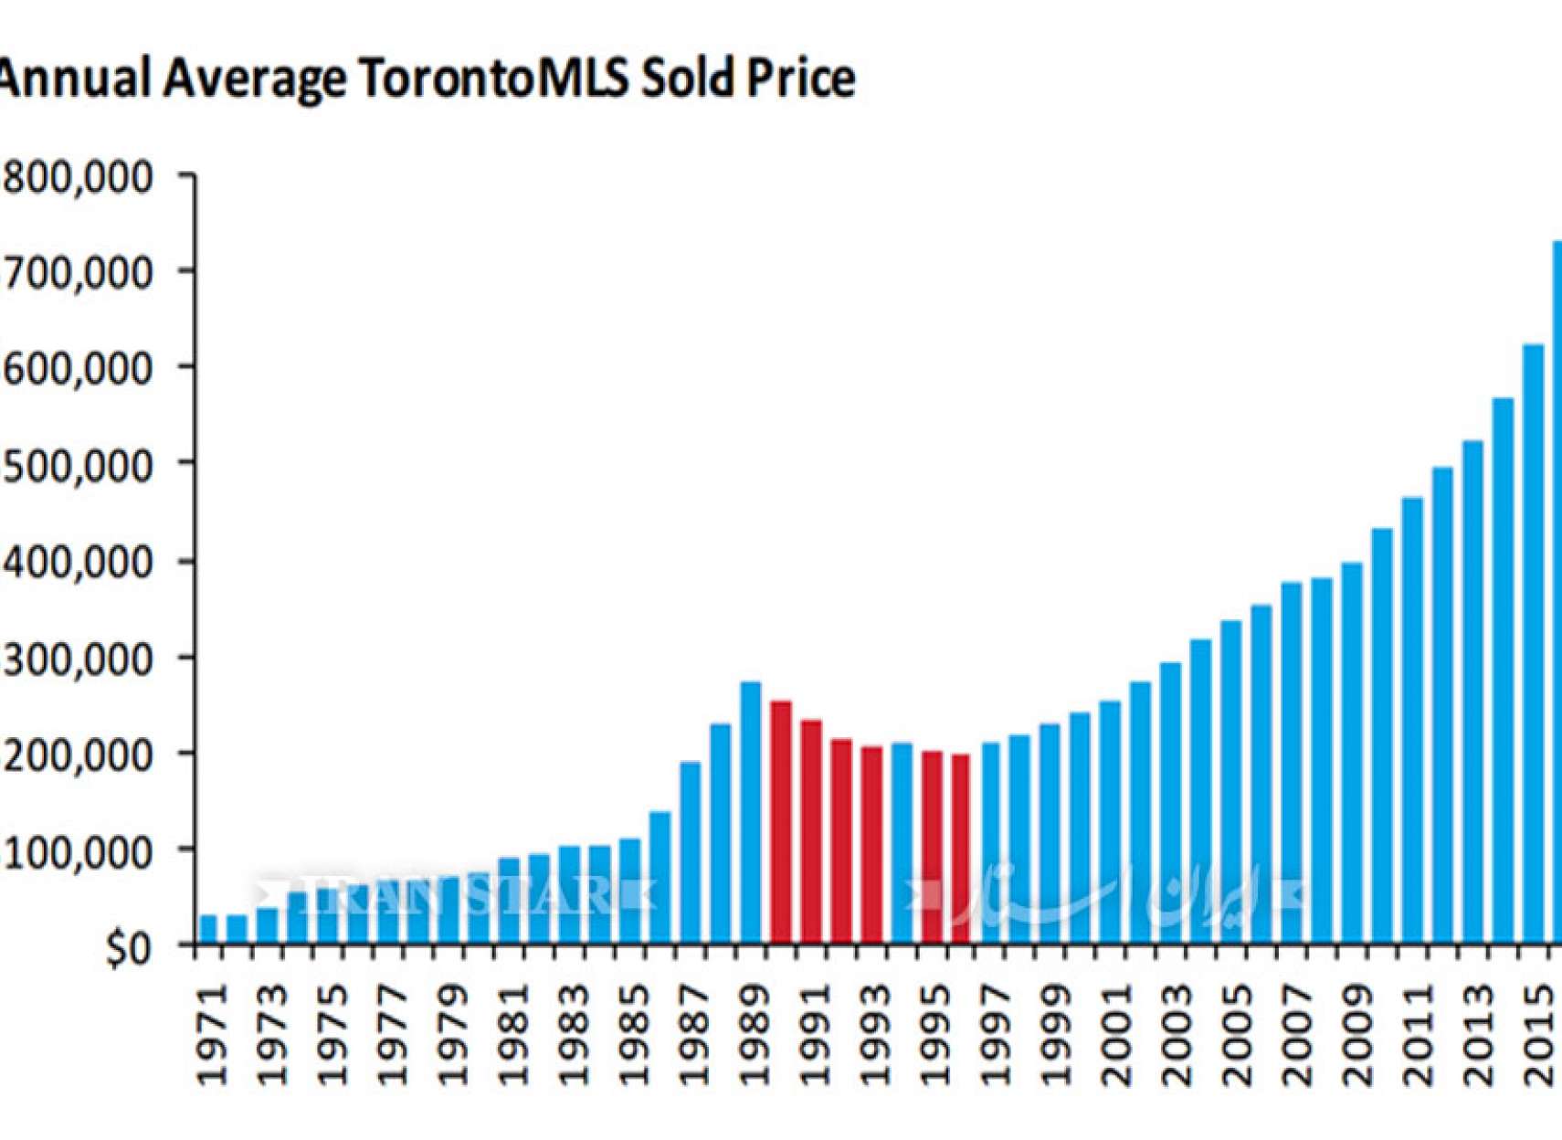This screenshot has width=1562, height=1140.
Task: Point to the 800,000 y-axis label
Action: click(79, 176)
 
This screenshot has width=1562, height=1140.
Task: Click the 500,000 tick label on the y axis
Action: click(79, 465)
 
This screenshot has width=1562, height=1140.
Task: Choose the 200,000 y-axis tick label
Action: click(79, 755)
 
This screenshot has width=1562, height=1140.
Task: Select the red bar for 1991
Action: click(811, 831)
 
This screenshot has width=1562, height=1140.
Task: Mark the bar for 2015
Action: click(1533, 643)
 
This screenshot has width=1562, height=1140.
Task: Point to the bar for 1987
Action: click(691, 851)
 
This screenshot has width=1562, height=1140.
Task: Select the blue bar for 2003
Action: click(1171, 802)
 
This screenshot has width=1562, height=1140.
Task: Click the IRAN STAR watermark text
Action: click(457, 894)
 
